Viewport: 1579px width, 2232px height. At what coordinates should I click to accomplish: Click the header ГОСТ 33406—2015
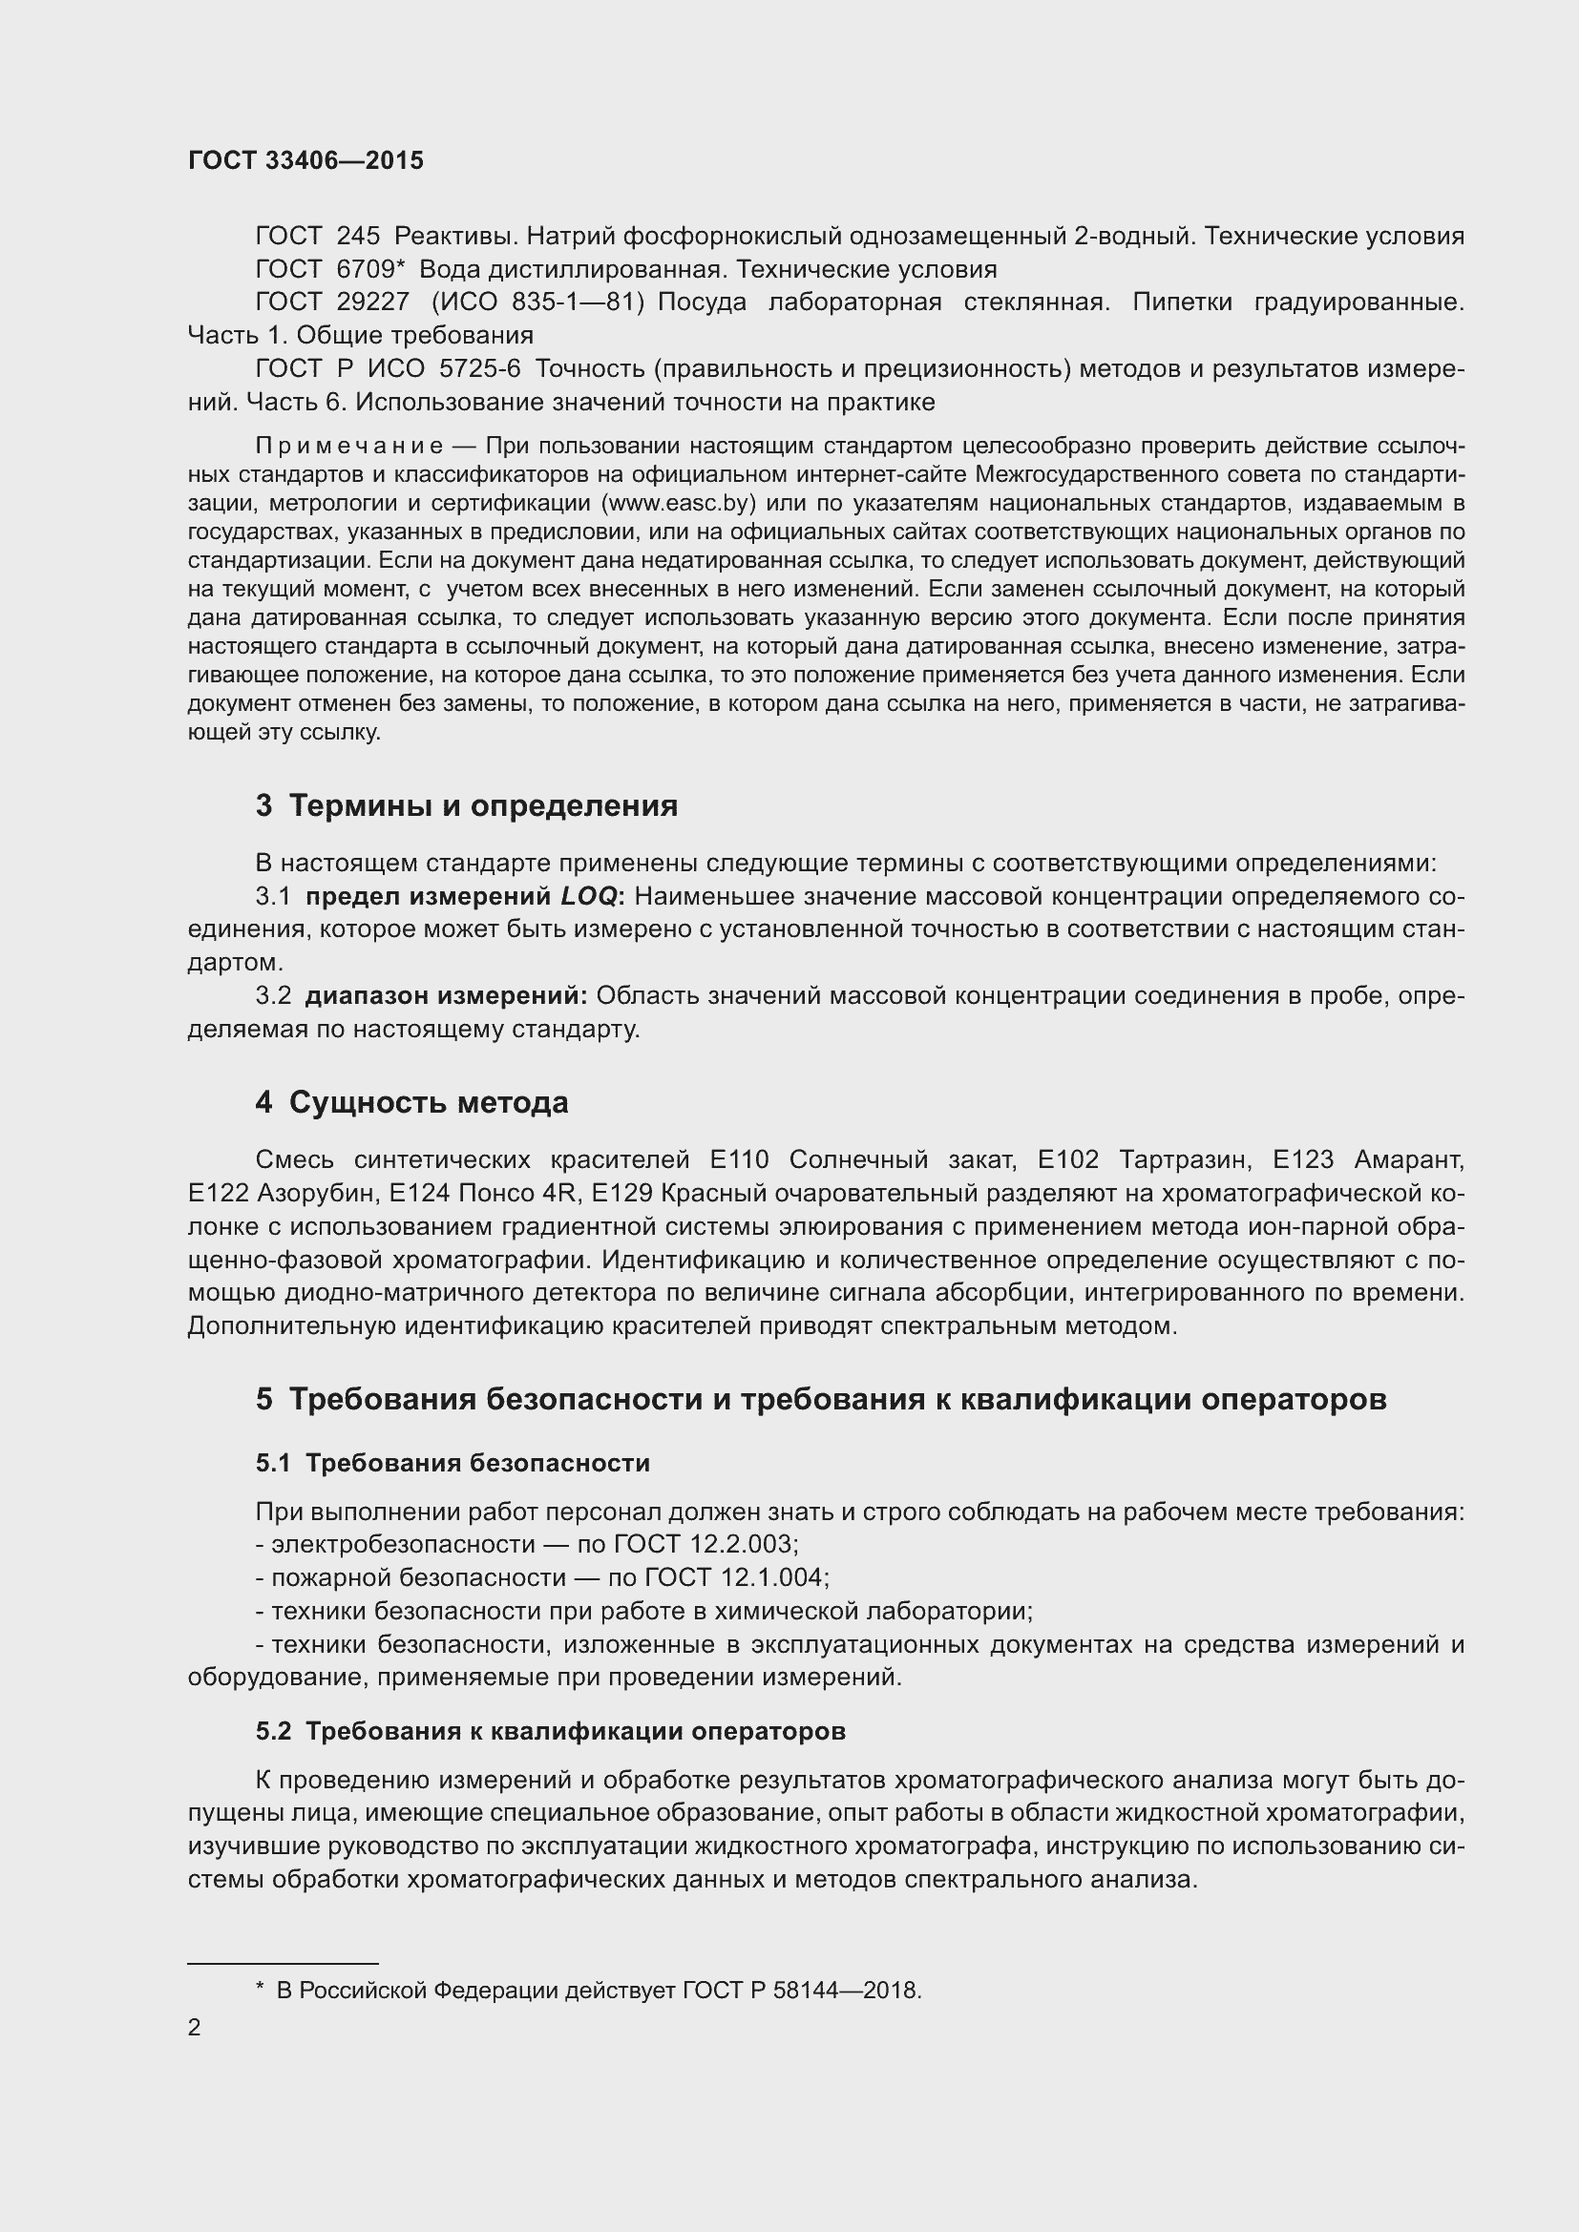pos(305,161)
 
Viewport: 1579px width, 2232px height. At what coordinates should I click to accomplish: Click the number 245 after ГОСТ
pos(358,237)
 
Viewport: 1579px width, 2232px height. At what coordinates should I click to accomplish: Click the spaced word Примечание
pos(349,447)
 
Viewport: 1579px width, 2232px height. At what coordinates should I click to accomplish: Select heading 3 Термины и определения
pos(467,806)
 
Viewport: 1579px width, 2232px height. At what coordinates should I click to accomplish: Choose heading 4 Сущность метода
pos(411,1102)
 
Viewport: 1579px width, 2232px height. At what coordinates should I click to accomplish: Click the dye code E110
pos(739,1159)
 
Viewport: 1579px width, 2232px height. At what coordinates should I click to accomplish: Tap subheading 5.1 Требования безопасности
pos(453,1463)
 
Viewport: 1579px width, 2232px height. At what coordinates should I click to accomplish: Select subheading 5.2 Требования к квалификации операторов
pos(550,1731)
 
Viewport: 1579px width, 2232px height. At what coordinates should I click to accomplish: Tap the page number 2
pos(195,2028)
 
